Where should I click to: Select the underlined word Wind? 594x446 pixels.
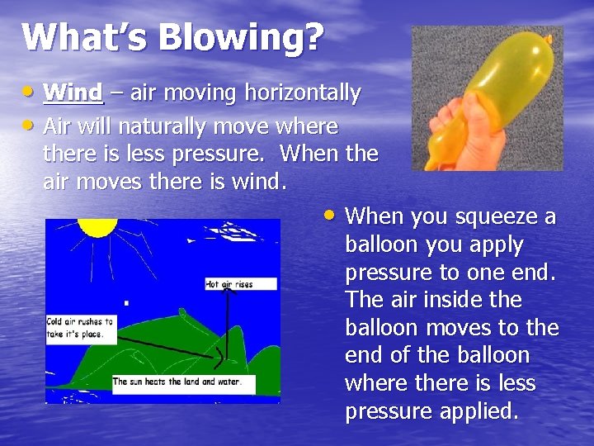73,93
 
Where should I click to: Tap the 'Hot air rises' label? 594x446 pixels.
229,284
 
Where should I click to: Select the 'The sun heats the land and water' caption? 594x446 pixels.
182,382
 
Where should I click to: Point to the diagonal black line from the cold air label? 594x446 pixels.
165,344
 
